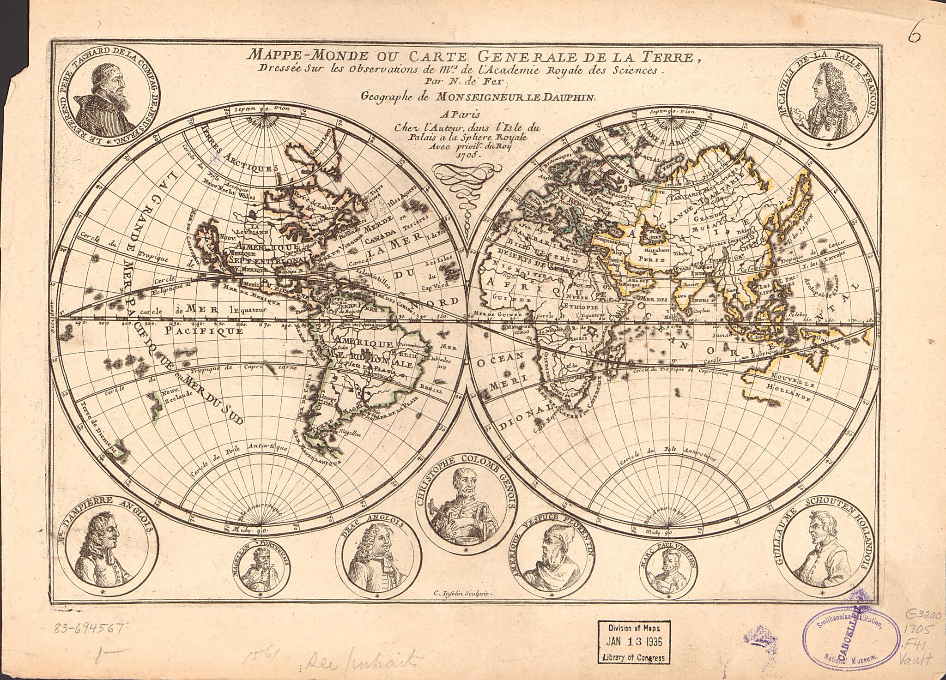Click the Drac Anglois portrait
click(x=377, y=559)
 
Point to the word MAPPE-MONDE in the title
click(x=308, y=56)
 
